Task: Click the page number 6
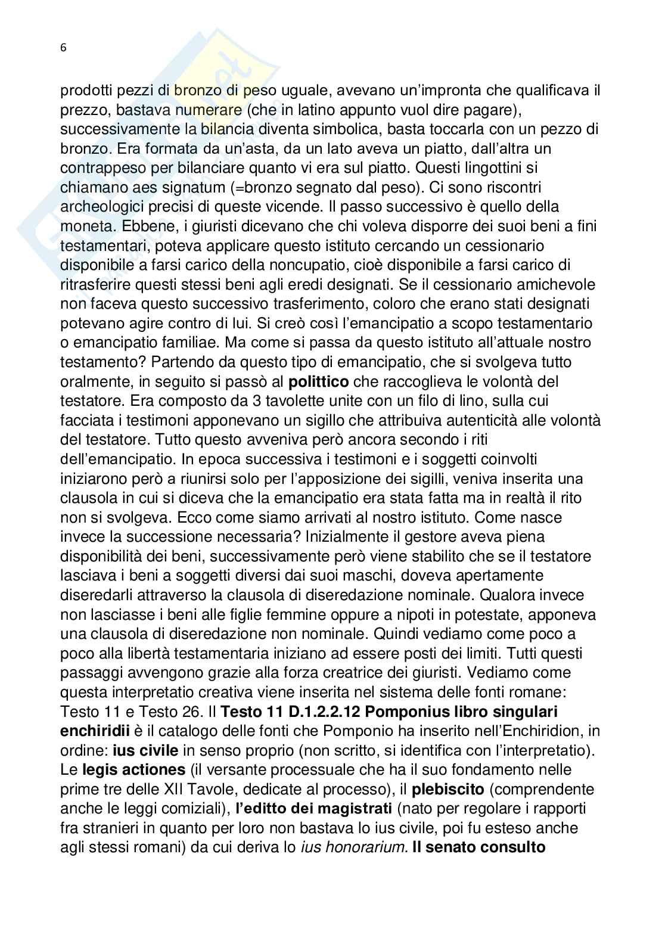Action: tap(63, 49)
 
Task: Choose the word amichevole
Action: tap(549, 284)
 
